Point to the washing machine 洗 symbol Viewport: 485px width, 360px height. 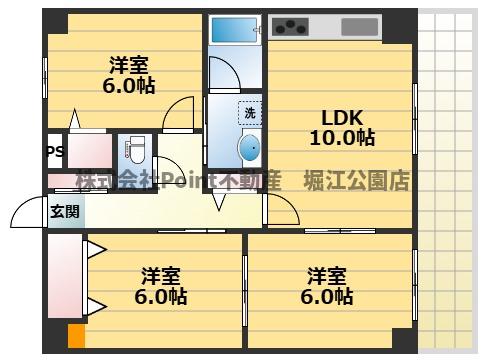(249, 113)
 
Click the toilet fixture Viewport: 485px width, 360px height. (134, 153)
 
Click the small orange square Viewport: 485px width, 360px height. (75, 338)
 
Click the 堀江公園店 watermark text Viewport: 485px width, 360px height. (358, 181)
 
